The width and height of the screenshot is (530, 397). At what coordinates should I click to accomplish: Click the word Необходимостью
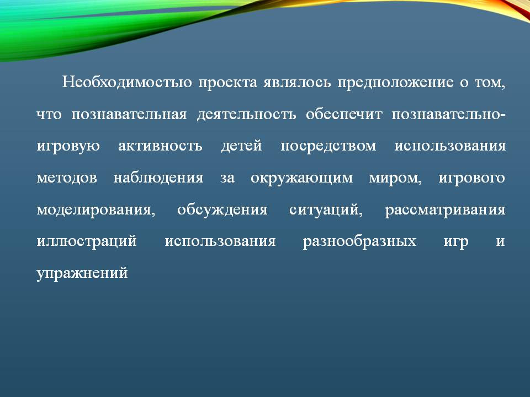pyautogui.click(x=127, y=82)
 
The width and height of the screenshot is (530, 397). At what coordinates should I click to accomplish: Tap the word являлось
pyautogui.click(x=298, y=83)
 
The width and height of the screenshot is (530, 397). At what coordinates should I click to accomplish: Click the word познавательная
pyautogui.click(x=129, y=115)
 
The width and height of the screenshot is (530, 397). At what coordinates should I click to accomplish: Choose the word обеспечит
pyautogui.click(x=344, y=115)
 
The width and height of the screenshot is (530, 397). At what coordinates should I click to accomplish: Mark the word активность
pyautogui.click(x=160, y=146)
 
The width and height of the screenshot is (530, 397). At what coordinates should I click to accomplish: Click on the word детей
pyautogui.click(x=241, y=146)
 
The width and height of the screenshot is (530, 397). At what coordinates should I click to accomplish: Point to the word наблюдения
pyautogui.click(x=158, y=178)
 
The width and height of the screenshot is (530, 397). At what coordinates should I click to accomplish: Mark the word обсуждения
pyautogui.click(x=222, y=210)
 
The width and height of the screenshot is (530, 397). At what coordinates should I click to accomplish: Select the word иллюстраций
pyautogui.click(x=87, y=242)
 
